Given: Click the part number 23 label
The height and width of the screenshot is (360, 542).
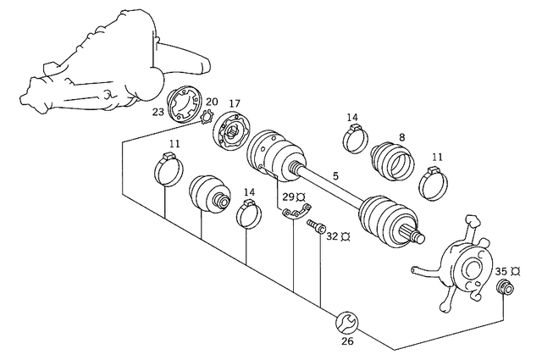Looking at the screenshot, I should [157, 110].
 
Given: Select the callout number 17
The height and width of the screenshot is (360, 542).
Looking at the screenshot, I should [235, 103].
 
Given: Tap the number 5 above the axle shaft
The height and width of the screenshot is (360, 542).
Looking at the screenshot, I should [335, 176].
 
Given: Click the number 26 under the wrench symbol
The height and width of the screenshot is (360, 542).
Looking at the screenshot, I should [347, 342].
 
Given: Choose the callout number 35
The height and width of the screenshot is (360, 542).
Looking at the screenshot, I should [501, 271].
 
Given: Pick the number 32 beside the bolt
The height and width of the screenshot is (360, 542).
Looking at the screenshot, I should [332, 236].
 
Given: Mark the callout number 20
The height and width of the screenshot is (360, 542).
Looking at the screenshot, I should [212, 101].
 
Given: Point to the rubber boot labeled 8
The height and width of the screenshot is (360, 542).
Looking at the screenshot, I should [393, 158].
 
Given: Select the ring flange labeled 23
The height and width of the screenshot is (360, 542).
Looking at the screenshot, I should [183, 106].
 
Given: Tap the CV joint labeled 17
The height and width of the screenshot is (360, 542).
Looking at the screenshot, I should [229, 134].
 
